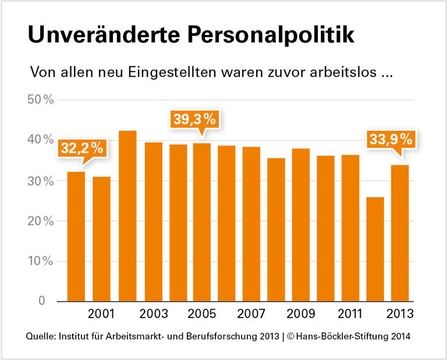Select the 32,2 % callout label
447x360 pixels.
(82, 148)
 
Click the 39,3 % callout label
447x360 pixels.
(194, 119)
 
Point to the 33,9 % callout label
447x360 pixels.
(390, 141)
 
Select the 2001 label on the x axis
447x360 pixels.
(101, 314)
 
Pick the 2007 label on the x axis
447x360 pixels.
(251, 314)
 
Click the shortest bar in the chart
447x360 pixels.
(375, 249)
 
